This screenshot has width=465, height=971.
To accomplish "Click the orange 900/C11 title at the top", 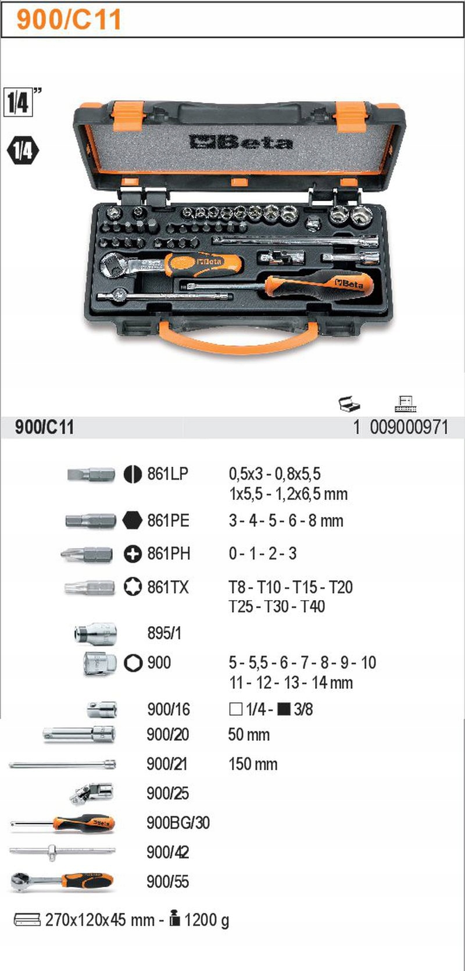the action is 69,19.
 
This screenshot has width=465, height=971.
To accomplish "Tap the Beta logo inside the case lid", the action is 240,142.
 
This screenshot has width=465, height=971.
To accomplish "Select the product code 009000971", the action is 409,428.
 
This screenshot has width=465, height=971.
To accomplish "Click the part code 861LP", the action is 167,474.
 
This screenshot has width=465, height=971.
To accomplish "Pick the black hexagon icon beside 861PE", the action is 133,520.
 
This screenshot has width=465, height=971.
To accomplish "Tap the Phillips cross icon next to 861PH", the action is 133,554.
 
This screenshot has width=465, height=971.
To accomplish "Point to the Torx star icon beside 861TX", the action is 133,587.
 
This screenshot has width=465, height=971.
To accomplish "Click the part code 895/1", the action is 164,633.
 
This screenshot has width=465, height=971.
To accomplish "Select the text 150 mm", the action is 253,764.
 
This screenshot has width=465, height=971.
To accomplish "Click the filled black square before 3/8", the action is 284,709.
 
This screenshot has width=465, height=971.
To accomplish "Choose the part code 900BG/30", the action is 178,823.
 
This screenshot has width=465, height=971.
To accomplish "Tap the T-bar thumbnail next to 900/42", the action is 62,852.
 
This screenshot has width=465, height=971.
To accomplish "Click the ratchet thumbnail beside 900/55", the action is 62,881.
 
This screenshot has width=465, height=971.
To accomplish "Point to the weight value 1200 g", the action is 206,920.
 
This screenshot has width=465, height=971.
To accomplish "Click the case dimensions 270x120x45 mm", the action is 99,920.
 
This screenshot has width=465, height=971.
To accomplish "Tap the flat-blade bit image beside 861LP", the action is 91,474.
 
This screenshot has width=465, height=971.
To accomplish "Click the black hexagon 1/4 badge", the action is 22,151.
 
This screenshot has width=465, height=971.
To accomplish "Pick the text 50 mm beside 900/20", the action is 249,734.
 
